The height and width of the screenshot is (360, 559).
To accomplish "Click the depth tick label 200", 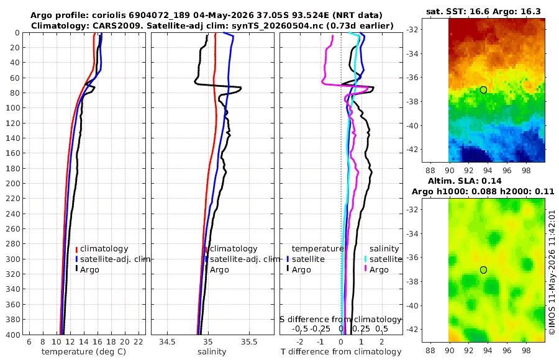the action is pos(12,183).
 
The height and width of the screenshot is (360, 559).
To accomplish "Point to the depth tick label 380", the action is pos(12,320).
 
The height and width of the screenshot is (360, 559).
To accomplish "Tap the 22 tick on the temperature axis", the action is pos(139,342).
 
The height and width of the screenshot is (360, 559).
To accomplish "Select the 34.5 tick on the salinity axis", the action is pos(167,342).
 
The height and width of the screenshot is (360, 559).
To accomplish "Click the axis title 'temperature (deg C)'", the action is pos(84,352).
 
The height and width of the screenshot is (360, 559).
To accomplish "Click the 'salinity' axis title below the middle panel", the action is pos(212,352).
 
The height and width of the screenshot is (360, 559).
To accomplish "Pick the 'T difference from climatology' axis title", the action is pos(341,352).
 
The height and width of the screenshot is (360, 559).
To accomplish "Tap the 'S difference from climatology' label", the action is pos(340,319).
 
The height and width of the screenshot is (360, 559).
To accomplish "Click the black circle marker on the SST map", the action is pos(483,90).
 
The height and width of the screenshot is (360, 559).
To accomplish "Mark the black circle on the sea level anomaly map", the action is pos(483,270).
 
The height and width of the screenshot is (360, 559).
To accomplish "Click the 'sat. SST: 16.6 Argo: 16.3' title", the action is pos(483,11).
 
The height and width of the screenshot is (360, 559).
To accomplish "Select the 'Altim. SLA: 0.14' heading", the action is pos(465,181).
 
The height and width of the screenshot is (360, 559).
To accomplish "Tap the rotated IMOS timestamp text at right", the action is pos(552,272).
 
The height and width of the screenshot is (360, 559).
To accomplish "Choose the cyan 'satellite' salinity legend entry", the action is pos(384,259).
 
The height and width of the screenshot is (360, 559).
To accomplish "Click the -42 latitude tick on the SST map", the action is pos(412,150).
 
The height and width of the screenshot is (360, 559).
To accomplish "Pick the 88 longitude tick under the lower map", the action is pos(430,350).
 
